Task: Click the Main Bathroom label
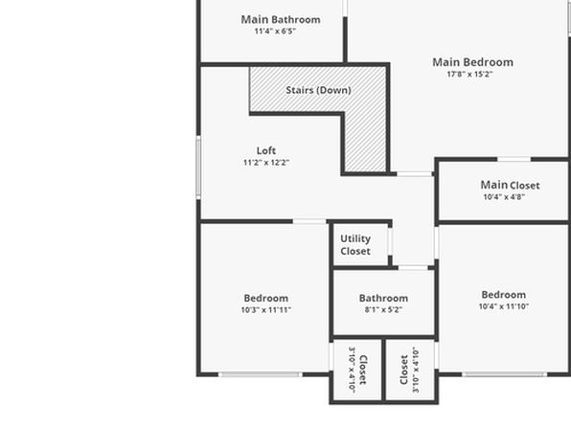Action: pos(281,20)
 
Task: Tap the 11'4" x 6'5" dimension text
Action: pos(275,31)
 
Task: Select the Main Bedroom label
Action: pos(472,62)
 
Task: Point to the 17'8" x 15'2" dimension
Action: pos(469,75)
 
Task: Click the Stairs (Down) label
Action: pos(318,90)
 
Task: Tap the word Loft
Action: pos(266,150)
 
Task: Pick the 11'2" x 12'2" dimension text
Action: pos(266,163)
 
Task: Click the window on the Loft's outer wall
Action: pos(198,168)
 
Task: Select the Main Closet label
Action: pos(511,185)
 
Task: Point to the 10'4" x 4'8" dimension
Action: pos(504,197)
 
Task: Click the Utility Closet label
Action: pos(355,245)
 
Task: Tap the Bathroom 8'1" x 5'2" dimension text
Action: pos(383,310)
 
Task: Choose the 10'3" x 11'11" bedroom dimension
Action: pos(265,310)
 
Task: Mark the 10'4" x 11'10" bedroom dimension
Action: pos(504,306)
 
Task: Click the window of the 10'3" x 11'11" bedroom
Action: pos(261,374)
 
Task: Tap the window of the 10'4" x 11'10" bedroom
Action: pos(504,374)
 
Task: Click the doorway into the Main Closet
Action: pos(514,159)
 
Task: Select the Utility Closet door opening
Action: pos(390,241)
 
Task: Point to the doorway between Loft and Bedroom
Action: pos(309,221)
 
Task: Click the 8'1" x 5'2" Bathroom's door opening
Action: pos(413,268)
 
